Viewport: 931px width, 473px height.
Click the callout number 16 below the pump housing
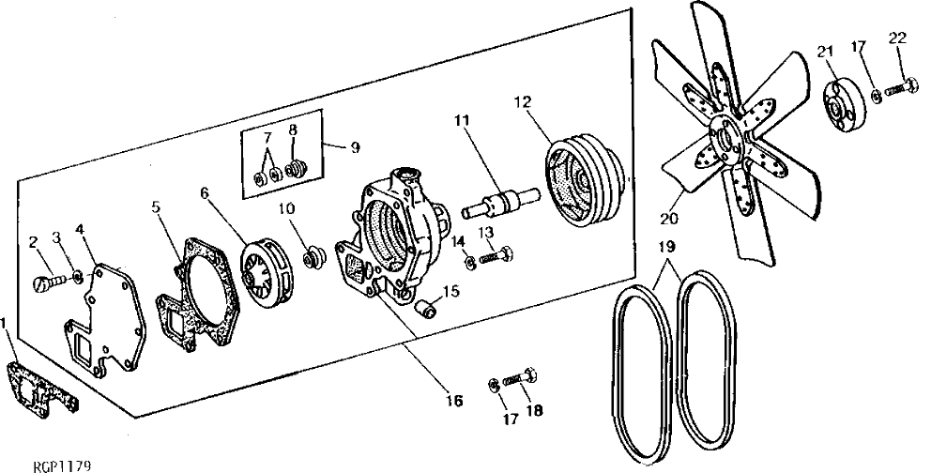coord(453,401)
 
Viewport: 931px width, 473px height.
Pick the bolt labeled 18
coord(518,378)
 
